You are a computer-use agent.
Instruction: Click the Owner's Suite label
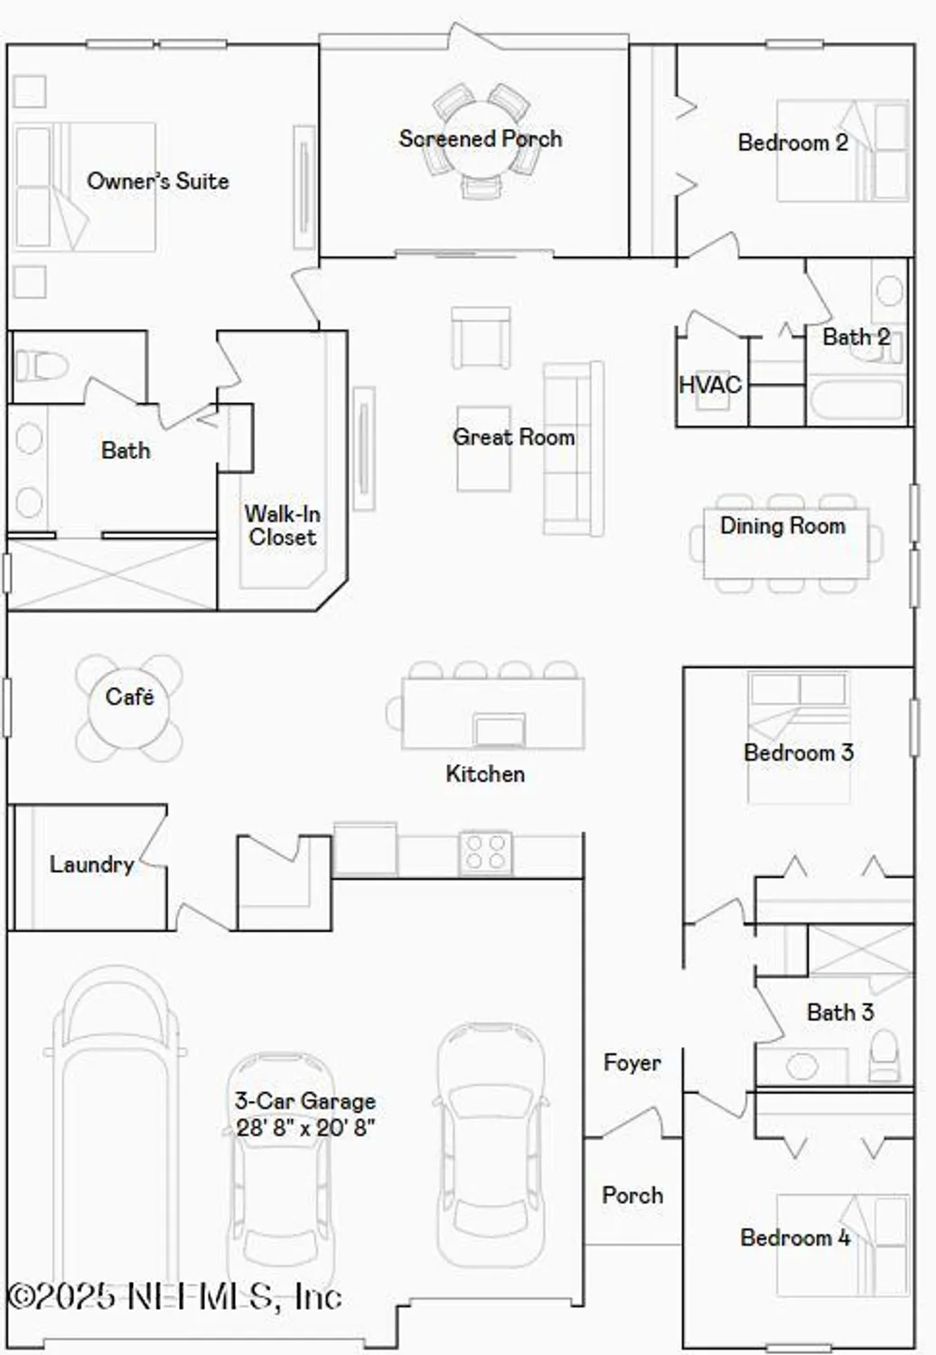coord(157,181)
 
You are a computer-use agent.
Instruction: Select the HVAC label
coord(709,385)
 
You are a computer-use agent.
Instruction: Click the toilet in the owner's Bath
coord(42,366)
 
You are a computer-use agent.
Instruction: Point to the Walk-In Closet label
coord(282,526)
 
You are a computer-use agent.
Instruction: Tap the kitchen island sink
coord(499,729)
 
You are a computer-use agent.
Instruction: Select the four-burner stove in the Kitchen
coord(485,852)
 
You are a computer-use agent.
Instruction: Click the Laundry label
coord(91,864)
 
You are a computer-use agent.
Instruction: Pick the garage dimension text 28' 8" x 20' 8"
coord(305,1127)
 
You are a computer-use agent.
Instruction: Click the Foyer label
coord(632,1062)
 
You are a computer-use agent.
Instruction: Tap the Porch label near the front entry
coord(632,1195)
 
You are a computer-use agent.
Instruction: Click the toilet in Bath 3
coord(885,1057)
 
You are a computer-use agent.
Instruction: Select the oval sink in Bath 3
coord(802,1066)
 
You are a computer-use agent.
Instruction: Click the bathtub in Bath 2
coord(855,401)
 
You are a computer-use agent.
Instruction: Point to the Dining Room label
coord(782,526)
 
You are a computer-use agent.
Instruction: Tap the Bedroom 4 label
coord(795,1238)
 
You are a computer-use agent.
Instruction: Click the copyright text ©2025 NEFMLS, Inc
coord(174,1297)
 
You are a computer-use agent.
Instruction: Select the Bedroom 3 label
coord(798,752)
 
